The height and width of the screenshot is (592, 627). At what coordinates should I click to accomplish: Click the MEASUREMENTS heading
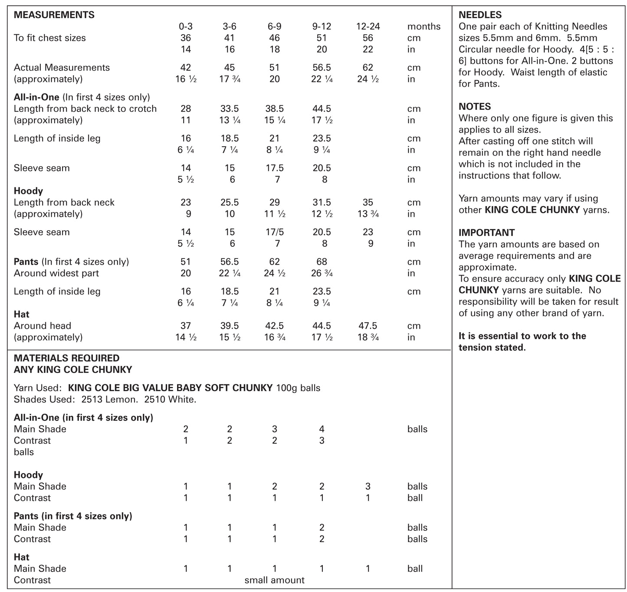click(x=54, y=15)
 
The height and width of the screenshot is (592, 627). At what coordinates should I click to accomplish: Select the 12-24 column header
click(x=368, y=26)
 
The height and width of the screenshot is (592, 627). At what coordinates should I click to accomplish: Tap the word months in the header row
click(x=423, y=26)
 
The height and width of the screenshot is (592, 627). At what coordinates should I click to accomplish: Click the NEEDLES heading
click(x=480, y=15)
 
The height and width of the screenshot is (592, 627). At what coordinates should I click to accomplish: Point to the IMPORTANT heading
click(x=486, y=232)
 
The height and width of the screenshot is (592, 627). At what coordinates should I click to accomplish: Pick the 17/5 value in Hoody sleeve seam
click(x=274, y=232)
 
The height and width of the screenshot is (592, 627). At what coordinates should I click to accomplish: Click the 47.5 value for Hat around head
click(x=368, y=326)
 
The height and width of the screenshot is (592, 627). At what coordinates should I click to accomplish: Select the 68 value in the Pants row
click(x=322, y=262)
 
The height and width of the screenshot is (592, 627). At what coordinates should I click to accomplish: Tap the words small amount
click(x=274, y=580)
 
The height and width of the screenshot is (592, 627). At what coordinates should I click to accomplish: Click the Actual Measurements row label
click(x=62, y=68)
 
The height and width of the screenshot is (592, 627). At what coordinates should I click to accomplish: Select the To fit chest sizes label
click(x=49, y=38)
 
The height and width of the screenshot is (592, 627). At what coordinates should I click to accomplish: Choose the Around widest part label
click(x=56, y=273)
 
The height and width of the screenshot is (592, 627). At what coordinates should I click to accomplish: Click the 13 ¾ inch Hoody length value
click(x=368, y=214)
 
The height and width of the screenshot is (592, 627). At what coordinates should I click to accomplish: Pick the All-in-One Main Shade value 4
click(x=322, y=429)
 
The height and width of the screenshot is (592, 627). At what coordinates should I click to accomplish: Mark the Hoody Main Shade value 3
click(x=368, y=486)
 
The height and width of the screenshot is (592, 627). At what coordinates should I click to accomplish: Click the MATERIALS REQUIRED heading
click(x=66, y=358)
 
